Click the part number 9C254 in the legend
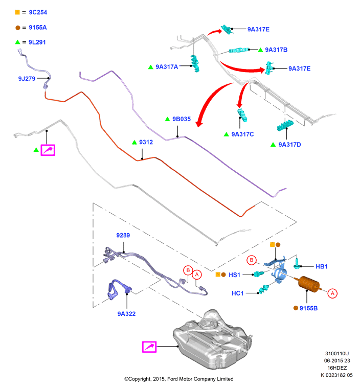(x=38, y=12)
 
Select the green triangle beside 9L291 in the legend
(x=17, y=42)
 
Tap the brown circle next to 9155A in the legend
(x=17, y=28)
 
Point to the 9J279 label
(x=27, y=79)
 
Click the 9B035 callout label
(x=182, y=119)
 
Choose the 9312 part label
(x=146, y=142)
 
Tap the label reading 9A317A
(x=167, y=67)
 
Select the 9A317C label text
(x=243, y=134)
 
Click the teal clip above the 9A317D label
(x=285, y=125)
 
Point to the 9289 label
(x=123, y=235)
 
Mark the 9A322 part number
(x=126, y=314)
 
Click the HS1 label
(x=234, y=275)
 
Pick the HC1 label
(x=238, y=293)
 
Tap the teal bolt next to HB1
(x=297, y=263)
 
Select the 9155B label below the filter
(x=309, y=308)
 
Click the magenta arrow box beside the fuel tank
(x=149, y=347)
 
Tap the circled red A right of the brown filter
(x=332, y=293)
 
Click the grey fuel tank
(x=213, y=338)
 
